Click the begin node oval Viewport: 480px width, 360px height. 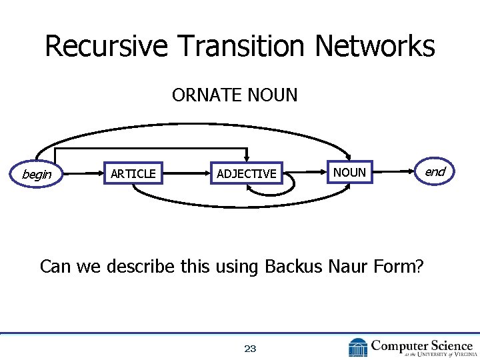(37, 174)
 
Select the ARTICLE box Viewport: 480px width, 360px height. (133, 174)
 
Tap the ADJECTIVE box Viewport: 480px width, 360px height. (246, 174)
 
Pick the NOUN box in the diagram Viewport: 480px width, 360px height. (349, 173)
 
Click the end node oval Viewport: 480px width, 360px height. (435, 172)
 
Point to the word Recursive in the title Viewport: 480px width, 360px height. (105, 47)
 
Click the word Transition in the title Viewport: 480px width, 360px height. (241, 47)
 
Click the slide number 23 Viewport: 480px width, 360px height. (250, 348)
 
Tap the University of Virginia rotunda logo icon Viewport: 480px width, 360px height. (357, 347)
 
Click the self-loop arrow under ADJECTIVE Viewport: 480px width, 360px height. (272, 190)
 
